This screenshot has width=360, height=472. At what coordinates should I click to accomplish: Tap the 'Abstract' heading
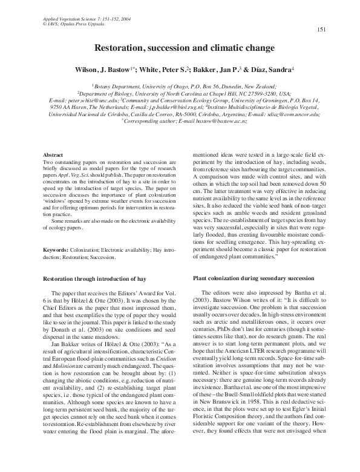56,157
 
